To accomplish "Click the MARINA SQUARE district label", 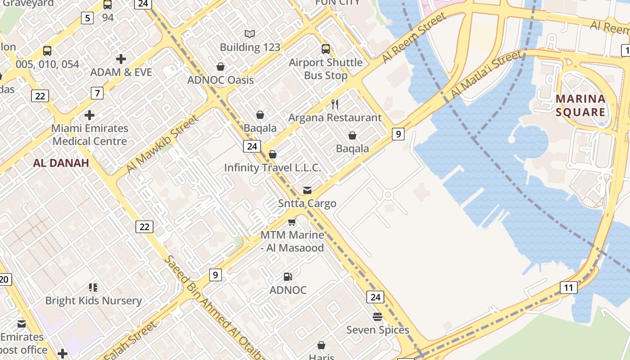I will point(580,105).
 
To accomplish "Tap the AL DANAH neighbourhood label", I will point(61,163).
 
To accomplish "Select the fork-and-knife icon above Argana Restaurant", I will point(334,104).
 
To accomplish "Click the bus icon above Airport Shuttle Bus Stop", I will point(325,49).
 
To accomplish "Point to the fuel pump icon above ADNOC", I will point(288,277).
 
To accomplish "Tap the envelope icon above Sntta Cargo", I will point(307,190).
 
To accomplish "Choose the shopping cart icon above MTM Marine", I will point(292,222).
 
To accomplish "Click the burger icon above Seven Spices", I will point(377,317).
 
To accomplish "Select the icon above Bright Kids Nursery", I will point(93,288).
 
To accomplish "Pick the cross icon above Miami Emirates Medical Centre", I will point(90,115).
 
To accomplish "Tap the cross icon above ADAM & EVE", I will point(121,59).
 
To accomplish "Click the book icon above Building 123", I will point(250,34).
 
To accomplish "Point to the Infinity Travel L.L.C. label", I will point(273,168).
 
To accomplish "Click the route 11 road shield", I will point(569,288).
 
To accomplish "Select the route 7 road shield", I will point(97,93).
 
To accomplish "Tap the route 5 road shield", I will point(87,18).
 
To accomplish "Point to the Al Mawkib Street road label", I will point(162,144).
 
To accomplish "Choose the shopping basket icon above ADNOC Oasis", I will point(220,67).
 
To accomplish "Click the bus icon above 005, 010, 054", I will point(47,51).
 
